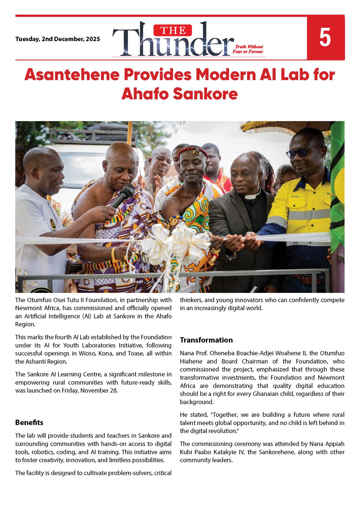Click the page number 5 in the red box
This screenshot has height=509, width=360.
click(325, 38)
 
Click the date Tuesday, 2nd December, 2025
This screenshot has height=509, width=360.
click(58, 39)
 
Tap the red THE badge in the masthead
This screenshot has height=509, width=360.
click(173, 31)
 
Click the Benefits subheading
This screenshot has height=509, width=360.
click(29, 422)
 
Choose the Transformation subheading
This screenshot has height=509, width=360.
click(206, 340)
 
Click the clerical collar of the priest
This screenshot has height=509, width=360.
click(252, 197)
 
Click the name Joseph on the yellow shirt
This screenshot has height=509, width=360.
click(295, 196)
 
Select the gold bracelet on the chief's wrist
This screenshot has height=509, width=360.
click(113, 254)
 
